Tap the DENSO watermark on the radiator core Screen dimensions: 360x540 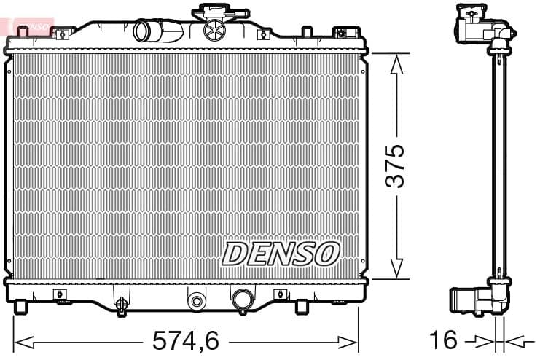click(x=281, y=254)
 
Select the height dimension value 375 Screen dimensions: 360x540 click(x=394, y=166)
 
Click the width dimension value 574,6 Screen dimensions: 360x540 click(x=185, y=340)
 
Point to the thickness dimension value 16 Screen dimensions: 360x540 click(x=445, y=340)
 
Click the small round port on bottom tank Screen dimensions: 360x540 click(x=195, y=300)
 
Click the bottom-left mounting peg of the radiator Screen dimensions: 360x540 click(x=21, y=305)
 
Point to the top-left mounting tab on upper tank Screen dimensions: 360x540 click(x=63, y=32)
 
